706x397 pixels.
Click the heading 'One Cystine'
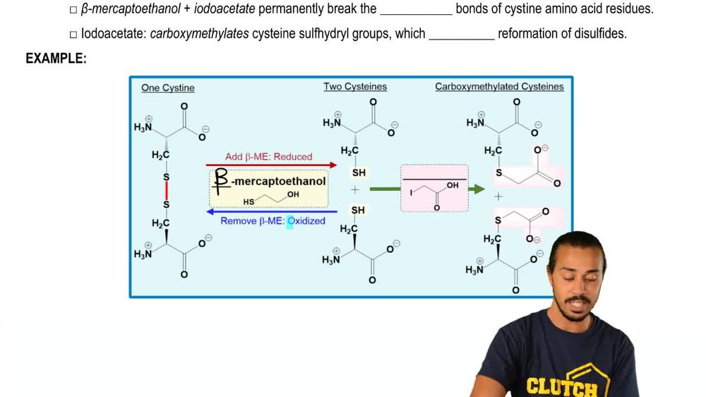pyautogui.click(x=168, y=88)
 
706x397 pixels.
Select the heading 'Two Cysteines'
pyautogui.click(x=355, y=86)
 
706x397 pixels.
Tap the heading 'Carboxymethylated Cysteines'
pyautogui.click(x=499, y=86)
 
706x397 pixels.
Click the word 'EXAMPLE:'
pyautogui.click(x=56, y=59)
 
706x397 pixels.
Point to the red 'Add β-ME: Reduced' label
pyautogui.click(x=268, y=156)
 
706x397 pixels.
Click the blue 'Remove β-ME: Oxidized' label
pyautogui.click(x=273, y=220)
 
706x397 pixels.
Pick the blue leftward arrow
pyautogui.click(x=271, y=211)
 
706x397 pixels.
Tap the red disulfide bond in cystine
pyautogui.click(x=167, y=189)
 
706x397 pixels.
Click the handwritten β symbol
pyautogui.click(x=222, y=181)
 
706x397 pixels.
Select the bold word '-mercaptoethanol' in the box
pyautogui.click(x=279, y=181)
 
